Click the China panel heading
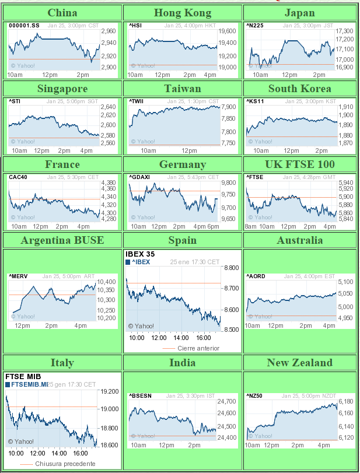coord(62,13)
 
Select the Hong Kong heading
coord(183,13)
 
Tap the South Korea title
coord(299,89)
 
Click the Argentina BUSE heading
coord(62,240)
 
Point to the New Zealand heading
coord(299,363)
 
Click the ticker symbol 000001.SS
coord(24,25)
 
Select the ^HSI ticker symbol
coord(135,25)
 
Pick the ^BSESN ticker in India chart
coord(140,395)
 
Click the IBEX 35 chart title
coord(140,254)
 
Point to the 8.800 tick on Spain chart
coord(231,268)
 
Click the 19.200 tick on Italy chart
coord(110,392)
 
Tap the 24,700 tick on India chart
coord(226,401)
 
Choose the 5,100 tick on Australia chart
coord(345,282)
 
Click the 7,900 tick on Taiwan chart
coord(229,107)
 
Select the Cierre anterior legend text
coord(198,348)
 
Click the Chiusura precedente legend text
coord(65,464)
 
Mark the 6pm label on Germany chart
coord(214,226)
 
